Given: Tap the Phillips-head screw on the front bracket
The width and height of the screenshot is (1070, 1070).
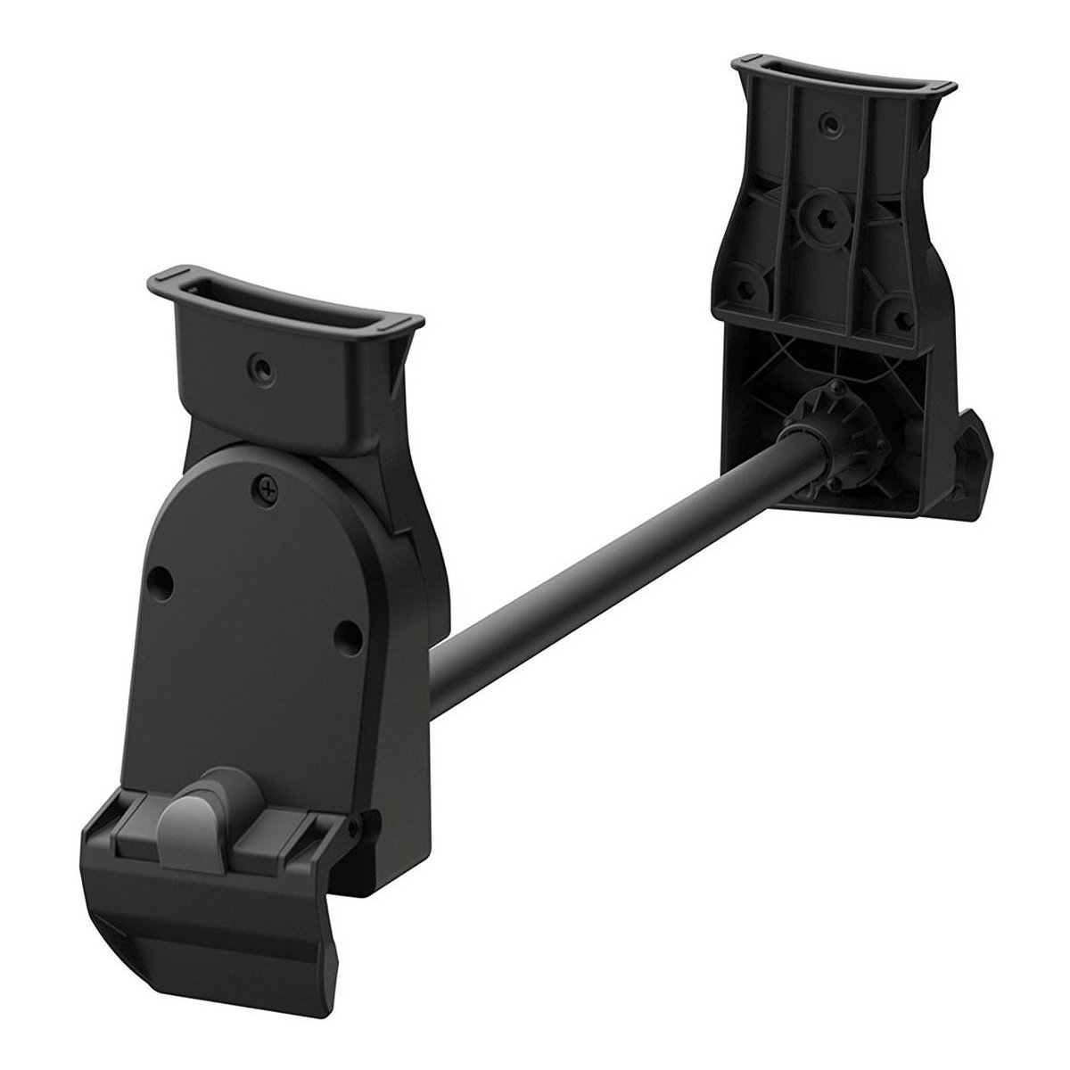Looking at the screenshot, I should point(264,487).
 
